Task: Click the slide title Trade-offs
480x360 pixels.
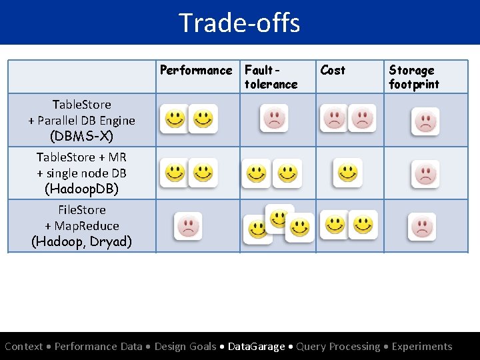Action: coord(239,23)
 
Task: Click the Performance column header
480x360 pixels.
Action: coord(196,71)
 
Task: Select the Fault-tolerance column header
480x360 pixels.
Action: coord(271,77)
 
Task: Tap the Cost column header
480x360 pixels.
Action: coord(333,70)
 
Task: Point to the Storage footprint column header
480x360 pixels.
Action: coord(414,77)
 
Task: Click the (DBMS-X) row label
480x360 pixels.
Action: coord(81,137)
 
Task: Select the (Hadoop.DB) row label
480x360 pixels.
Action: coord(81,189)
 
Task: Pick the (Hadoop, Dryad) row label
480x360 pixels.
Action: coord(81,241)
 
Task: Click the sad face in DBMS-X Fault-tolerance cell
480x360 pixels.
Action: coord(274,119)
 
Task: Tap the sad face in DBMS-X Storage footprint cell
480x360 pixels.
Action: coord(425,121)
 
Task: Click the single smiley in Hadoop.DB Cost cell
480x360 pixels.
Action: coord(348,173)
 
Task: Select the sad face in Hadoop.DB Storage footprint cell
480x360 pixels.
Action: coord(425,174)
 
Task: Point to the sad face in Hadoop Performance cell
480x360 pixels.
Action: coord(188,226)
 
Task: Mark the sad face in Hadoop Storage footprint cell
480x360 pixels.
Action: coord(422,227)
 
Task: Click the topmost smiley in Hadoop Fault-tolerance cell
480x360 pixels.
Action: coord(279,217)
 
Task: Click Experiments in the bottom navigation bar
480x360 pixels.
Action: coord(422,347)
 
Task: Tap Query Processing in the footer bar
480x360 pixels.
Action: coord(338,347)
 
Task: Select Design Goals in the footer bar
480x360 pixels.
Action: coord(185,347)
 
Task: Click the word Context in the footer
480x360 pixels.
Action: coord(23,347)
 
